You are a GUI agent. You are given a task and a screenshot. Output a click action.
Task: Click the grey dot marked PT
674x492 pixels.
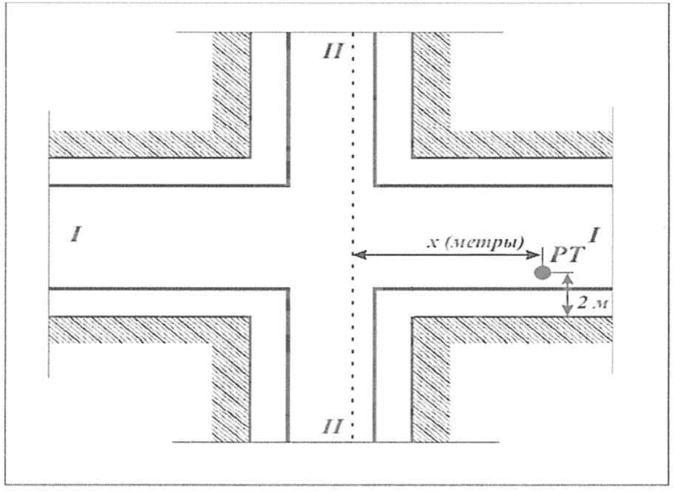point(543,273)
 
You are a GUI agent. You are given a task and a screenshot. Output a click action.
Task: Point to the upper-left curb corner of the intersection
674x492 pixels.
point(287,184)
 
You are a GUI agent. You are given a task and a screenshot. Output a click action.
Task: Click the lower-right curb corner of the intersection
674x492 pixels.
point(375,288)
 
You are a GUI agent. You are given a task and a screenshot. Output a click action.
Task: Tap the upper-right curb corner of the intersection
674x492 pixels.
point(375,184)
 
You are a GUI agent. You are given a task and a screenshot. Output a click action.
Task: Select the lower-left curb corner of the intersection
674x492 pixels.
point(287,288)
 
